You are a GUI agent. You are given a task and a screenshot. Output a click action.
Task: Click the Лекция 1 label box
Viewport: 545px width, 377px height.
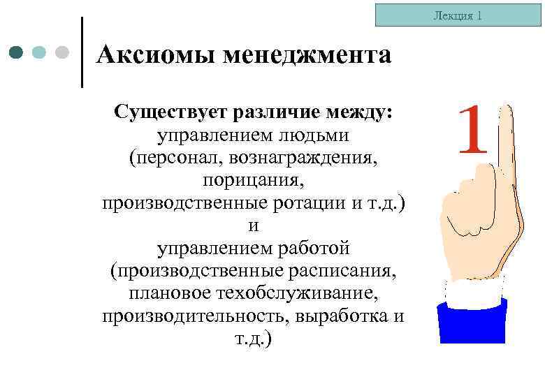pyautogui.click(x=458, y=15)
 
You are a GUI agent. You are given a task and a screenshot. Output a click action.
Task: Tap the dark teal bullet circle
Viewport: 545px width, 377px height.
pyautogui.click(x=17, y=52)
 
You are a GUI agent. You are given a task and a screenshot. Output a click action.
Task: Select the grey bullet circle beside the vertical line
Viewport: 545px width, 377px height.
pyautogui.click(x=61, y=52)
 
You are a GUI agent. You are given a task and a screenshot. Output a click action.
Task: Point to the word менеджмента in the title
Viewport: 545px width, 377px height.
pyautogui.click(x=307, y=54)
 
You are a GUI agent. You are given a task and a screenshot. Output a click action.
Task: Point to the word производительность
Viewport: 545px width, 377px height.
pyautogui.click(x=195, y=316)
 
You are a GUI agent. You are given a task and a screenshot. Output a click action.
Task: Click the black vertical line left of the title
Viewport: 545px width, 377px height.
pyautogui.click(x=82, y=52)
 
